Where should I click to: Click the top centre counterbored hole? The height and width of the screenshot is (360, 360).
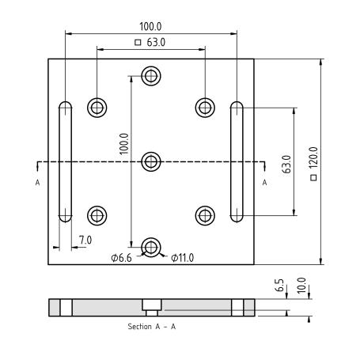tap(151, 76)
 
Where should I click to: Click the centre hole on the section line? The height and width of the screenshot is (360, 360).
tap(151, 161)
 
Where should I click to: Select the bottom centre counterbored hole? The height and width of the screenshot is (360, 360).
tap(151, 248)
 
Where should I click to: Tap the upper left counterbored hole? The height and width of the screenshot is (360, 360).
tap(97, 108)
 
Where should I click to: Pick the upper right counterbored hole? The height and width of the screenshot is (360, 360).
tap(205, 108)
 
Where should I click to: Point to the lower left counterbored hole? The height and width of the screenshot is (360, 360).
tap(97, 216)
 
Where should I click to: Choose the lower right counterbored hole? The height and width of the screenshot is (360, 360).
tap(205, 216)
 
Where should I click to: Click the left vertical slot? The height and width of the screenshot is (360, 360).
tap(65, 161)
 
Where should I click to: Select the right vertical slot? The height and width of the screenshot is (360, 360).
tap(237, 161)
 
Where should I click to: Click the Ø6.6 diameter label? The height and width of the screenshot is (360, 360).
tap(121, 258)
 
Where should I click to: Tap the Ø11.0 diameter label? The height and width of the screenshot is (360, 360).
tap(182, 258)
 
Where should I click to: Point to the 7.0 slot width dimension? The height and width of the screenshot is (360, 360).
tap(85, 240)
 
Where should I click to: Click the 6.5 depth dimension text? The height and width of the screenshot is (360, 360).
tap(279, 285)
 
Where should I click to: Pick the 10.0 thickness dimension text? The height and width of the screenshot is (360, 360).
tap(301, 286)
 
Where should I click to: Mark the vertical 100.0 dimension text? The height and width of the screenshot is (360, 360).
tap(123, 144)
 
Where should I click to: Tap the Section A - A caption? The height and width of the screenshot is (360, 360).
tap(152, 327)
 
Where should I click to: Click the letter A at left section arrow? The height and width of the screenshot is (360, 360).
tap(37, 183)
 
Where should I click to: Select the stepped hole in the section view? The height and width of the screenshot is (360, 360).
tap(152, 308)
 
